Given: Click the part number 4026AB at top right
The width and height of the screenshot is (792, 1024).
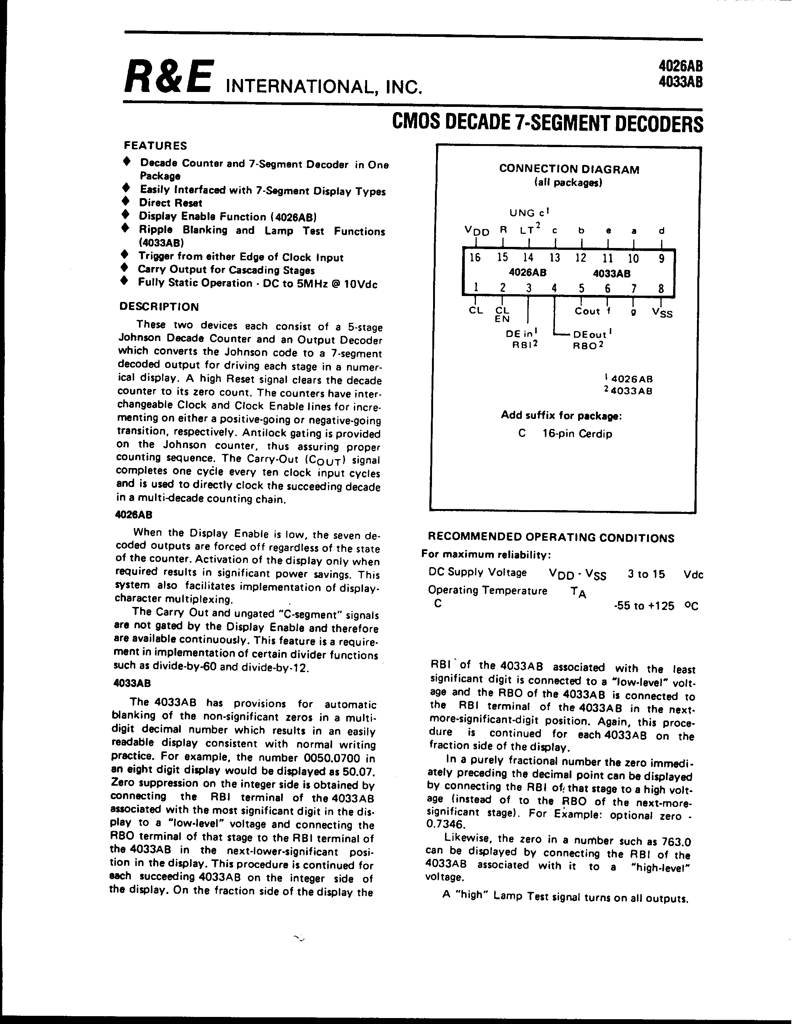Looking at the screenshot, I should (680, 66).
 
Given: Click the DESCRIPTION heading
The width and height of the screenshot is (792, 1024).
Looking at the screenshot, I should (159, 307).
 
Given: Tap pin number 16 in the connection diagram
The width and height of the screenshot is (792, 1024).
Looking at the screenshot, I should (475, 257).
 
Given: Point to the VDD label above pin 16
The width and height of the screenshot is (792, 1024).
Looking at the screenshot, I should (477, 231).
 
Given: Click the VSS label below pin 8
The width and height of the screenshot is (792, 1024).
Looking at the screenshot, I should (662, 313).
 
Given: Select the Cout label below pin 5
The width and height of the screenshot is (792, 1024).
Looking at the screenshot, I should (587, 311).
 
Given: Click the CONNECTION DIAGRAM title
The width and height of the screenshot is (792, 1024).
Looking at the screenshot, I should (569, 169).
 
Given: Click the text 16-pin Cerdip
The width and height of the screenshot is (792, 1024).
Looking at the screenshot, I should (577, 434).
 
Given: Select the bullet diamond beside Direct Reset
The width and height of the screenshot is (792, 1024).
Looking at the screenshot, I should (125, 201).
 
